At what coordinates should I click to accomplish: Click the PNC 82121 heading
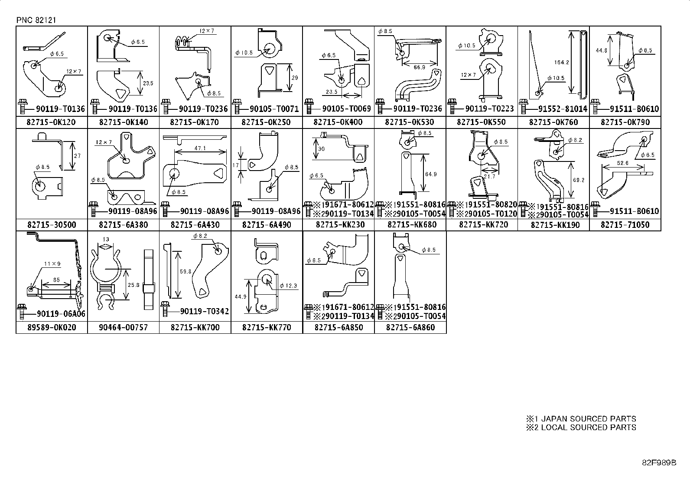tap(36, 20)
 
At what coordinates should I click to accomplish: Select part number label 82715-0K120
tap(51, 122)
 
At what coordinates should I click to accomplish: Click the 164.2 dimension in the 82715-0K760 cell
tap(561, 63)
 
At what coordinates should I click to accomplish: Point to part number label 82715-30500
tap(51, 225)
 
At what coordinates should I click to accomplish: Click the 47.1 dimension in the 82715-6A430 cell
tap(200, 148)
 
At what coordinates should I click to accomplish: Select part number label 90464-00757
tap(123, 328)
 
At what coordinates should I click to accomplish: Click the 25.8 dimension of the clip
tap(134, 285)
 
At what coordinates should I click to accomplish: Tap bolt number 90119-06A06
tap(61, 314)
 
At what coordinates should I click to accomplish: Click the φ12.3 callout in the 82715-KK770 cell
tap(288, 286)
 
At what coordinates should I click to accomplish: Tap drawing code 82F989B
tap(659, 462)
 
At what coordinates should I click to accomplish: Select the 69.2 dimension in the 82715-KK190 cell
tap(579, 180)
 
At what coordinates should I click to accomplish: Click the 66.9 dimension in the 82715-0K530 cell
tap(419, 67)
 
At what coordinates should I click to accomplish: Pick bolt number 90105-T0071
tap(270, 109)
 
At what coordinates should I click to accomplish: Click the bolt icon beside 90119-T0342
tap(165, 309)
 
